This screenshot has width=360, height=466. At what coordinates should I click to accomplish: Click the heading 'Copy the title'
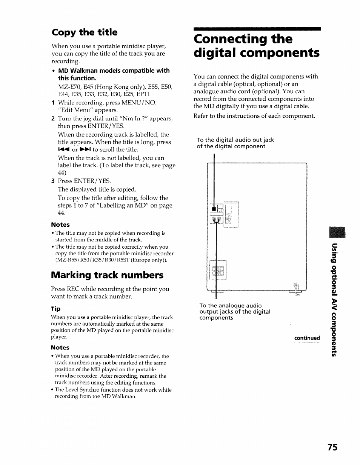(x=85, y=32)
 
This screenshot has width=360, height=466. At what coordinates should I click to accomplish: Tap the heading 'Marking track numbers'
(x=107, y=275)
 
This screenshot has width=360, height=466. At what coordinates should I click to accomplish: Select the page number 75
(x=332, y=447)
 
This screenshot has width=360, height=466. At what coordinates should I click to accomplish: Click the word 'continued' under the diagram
(x=307, y=338)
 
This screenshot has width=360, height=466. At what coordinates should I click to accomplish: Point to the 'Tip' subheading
(x=56, y=309)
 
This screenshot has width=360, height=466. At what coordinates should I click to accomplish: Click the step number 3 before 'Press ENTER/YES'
(x=53, y=181)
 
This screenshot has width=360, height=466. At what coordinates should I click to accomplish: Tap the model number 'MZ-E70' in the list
(x=68, y=87)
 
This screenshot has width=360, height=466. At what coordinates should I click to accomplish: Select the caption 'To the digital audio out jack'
(x=235, y=140)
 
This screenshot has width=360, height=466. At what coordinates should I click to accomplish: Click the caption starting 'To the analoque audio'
(x=230, y=306)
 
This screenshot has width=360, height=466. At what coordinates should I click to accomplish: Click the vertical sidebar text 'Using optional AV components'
(x=334, y=300)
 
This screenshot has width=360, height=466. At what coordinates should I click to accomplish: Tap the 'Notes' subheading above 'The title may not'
(x=60, y=225)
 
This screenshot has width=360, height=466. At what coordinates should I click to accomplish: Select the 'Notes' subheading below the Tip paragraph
(x=60, y=348)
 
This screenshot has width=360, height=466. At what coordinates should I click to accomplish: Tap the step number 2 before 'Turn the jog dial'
(x=53, y=119)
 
